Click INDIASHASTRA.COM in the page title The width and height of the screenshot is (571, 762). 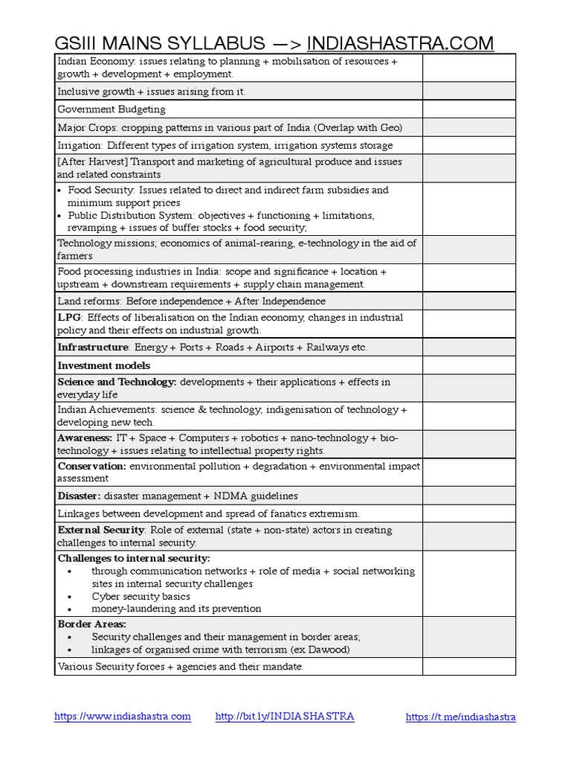coord(400,42)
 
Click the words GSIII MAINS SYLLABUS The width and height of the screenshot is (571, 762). coord(159,42)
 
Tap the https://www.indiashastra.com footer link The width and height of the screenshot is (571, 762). coord(123,716)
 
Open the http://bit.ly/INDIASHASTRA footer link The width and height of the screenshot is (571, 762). coord(284,716)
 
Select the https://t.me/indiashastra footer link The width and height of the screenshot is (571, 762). coord(460,717)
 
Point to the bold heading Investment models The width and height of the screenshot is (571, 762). coord(103,365)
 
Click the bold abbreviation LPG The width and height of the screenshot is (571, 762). coord(69,317)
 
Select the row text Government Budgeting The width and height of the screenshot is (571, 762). coord(112,109)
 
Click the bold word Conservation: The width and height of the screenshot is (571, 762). coord(92,466)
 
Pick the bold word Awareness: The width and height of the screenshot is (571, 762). coord(85,438)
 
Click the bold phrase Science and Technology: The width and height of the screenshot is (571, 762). coord(117,382)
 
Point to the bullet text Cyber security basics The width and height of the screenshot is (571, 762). coord(141,596)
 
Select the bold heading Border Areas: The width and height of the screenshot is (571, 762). coord(91,624)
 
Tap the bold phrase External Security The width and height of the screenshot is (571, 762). coord(101,530)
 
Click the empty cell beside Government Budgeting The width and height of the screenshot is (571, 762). coord(468,109)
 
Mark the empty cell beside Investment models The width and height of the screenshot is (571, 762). coord(468,365)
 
